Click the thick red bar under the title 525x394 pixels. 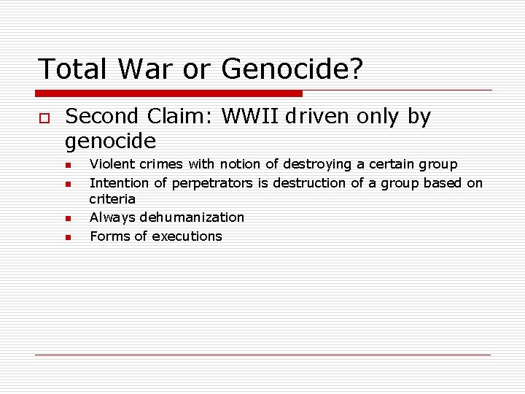169,93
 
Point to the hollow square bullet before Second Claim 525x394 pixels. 43,117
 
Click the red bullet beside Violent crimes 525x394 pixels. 67,166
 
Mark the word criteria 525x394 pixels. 112,199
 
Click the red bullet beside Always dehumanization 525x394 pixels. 67,218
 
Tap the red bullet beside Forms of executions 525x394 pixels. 67,237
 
